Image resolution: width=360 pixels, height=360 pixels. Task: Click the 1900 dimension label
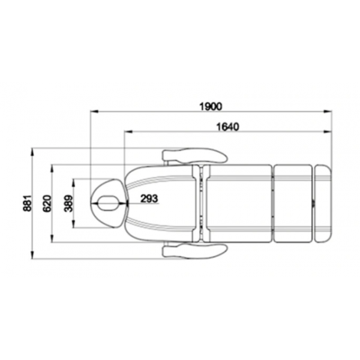tap(211, 107)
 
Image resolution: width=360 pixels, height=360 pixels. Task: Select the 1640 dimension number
tap(228, 127)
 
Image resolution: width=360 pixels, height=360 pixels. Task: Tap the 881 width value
tap(27, 203)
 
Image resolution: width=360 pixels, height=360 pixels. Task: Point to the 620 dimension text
tap(47, 203)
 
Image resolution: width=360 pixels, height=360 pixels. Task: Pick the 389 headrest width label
tap(68, 203)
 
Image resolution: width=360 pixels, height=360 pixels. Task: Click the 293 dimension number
tap(149, 199)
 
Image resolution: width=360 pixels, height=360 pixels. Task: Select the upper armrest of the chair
tap(194, 155)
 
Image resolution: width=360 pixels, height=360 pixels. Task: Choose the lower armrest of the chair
tap(194, 251)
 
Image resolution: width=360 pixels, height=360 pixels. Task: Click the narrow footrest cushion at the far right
tap(323, 203)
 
